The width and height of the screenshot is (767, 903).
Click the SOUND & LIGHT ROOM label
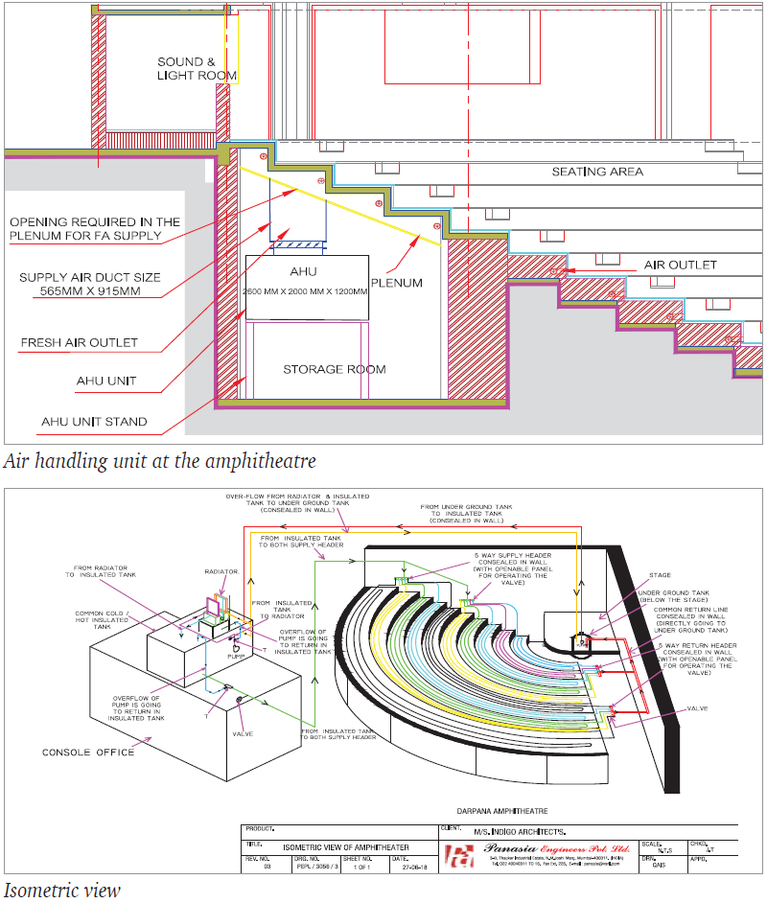197,68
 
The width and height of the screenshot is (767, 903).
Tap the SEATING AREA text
597,172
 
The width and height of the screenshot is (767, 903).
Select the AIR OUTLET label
680,265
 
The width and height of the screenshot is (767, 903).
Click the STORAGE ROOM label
335,369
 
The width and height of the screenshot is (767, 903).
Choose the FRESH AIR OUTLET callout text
79,342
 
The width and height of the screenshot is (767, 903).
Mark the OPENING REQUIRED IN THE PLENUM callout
94,228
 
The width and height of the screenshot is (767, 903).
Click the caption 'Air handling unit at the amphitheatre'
159,461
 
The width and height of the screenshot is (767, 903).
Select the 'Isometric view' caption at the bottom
61,890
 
